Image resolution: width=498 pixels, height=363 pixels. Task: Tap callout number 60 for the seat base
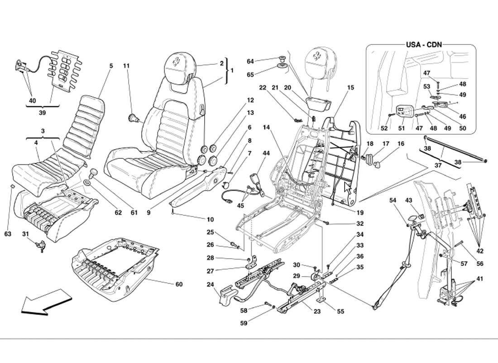[x=179, y=285]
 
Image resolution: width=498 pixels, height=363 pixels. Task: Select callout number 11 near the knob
[x=126, y=66]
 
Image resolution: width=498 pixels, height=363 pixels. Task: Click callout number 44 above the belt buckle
[x=266, y=153]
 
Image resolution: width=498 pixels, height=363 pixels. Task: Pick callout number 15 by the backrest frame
[x=351, y=88]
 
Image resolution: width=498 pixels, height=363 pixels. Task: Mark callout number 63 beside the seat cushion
[x=8, y=234]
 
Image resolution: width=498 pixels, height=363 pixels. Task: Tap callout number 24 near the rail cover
[x=210, y=285]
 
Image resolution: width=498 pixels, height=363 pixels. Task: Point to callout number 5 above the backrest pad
[x=111, y=66]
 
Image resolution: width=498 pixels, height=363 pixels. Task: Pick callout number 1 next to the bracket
[x=232, y=71]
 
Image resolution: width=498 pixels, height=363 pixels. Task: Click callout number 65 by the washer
[x=250, y=74]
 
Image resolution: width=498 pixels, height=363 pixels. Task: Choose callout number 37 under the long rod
[x=438, y=166]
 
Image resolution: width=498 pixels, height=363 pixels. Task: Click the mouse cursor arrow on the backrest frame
[x=348, y=188]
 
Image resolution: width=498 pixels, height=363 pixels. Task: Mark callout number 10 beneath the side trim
[x=210, y=220]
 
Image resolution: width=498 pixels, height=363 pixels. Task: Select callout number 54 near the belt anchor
[x=393, y=200]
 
